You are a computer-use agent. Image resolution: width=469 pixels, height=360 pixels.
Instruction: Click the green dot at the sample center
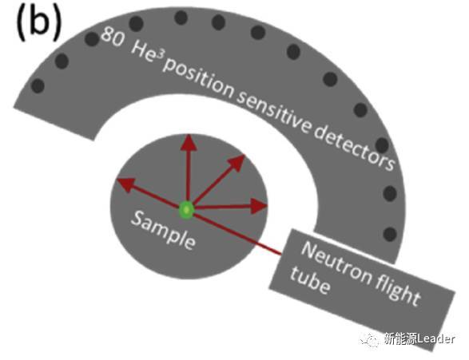click(187, 210)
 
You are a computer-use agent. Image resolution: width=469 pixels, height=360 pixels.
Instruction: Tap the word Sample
click(163, 230)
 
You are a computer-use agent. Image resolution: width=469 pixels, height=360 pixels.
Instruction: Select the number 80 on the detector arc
click(112, 37)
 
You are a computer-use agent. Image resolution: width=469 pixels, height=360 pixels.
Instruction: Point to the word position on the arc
click(198, 78)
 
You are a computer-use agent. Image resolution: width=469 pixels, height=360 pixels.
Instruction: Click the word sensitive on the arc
click(274, 113)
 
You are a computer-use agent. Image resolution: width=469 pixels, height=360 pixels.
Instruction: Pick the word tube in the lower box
click(310, 279)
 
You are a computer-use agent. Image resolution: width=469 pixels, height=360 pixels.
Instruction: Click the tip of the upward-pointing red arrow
click(189, 135)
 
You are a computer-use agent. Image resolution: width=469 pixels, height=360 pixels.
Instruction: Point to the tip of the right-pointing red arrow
click(267, 206)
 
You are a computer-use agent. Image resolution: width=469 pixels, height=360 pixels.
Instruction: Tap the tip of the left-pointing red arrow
click(117, 180)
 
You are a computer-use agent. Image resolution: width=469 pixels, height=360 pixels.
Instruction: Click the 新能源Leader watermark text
click(419, 338)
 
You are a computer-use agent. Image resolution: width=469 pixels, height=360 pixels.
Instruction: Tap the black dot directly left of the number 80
click(92, 39)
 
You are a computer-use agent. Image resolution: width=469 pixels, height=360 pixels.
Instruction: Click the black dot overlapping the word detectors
click(382, 145)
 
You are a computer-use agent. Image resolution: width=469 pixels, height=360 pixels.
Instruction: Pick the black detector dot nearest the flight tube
click(390, 234)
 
